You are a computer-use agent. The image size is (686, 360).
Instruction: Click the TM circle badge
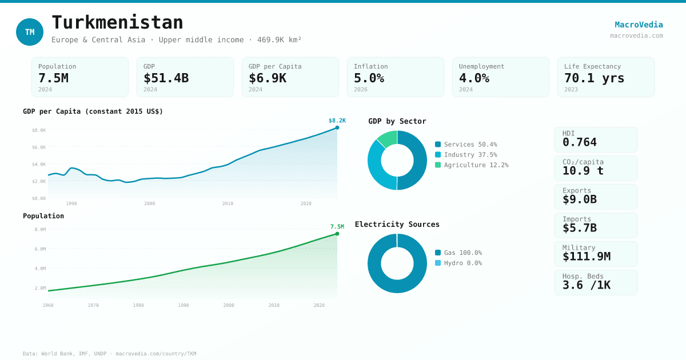coord(30,32)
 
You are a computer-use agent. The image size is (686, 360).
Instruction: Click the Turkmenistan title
coord(117,22)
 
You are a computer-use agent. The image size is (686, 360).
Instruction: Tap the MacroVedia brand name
coord(639,25)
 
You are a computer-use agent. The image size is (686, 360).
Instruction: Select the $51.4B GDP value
coord(166,78)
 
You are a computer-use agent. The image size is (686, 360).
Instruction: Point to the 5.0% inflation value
coord(369,78)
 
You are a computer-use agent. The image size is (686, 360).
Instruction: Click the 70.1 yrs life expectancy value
coord(594,78)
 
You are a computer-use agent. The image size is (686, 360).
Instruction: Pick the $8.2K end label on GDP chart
coord(337,121)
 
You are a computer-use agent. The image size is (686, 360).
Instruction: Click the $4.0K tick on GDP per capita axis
coord(38,165)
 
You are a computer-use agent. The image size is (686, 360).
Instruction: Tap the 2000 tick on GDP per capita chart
coord(149,203)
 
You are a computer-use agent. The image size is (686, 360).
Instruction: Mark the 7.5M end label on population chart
coord(337,227)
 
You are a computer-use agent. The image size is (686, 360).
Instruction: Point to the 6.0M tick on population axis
coord(40,249)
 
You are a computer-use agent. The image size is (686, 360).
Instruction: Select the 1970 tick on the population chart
coord(93,305)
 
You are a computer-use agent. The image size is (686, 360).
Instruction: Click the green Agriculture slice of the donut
coord(388,138)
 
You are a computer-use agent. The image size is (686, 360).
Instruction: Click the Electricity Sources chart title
coord(397,224)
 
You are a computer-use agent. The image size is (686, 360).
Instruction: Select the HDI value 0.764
coord(579,142)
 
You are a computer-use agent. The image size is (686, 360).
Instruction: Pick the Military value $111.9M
coord(586,257)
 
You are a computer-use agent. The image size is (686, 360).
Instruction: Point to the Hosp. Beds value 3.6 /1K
coord(586,285)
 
